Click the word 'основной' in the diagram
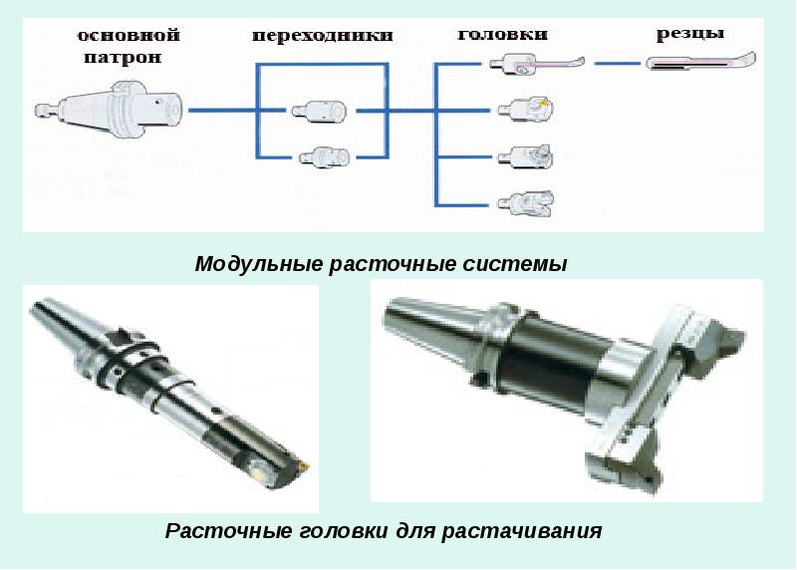tap(129, 36)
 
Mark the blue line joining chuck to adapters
tap(221, 110)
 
